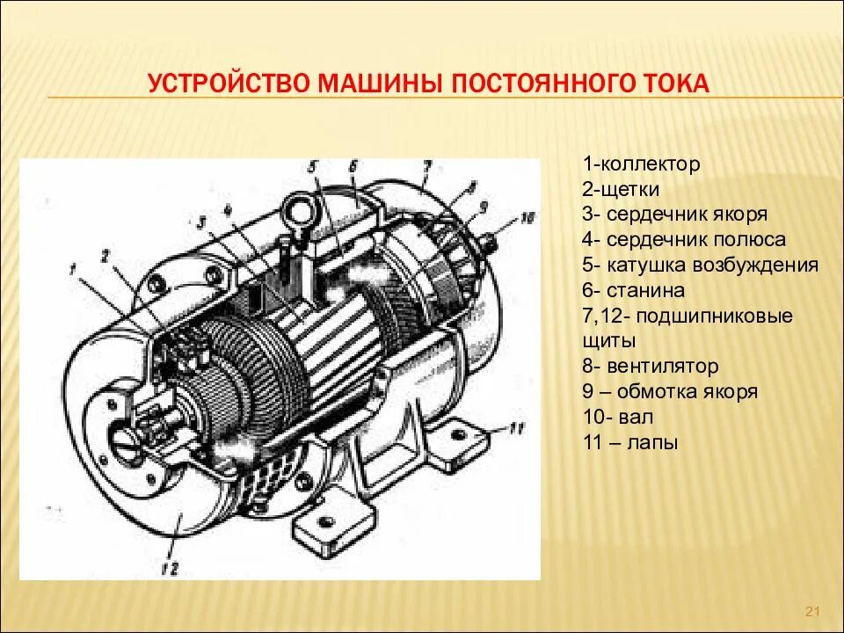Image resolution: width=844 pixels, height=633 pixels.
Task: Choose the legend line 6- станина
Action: click(633, 290)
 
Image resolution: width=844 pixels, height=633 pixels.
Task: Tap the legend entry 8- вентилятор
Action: click(650, 366)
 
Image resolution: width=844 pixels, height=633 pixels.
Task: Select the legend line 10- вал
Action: click(616, 417)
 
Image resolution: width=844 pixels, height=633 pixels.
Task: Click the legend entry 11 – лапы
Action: click(629, 442)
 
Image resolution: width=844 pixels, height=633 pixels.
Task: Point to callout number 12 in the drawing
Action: click(170, 568)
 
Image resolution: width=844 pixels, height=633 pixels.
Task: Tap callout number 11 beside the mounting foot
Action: click(517, 428)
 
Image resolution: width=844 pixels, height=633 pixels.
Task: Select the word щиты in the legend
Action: click(608, 340)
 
